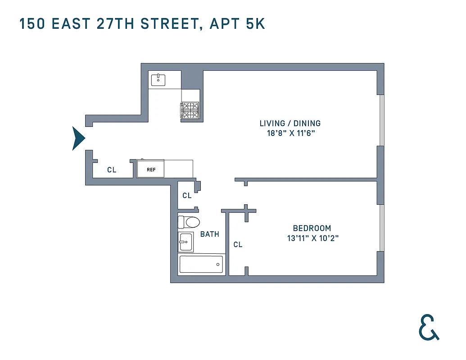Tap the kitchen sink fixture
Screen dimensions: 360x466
click(x=158, y=80)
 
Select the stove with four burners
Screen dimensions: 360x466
click(x=190, y=110)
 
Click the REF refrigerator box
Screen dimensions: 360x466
click(x=151, y=170)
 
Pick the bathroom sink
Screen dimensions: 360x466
click(x=185, y=243)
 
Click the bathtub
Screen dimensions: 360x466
click(x=201, y=264)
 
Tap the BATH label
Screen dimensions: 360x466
click(x=210, y=234)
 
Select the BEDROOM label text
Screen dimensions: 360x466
click(x=312, y=228)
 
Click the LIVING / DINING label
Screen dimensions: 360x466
click(x=290, y=123)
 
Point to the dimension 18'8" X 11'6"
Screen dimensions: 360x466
click(x=290, y=133)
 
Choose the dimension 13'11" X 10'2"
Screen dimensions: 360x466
click(x=312, y=238)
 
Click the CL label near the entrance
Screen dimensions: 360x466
click(x=112, y=170)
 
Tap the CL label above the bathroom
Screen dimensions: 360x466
click(x=187, y=196)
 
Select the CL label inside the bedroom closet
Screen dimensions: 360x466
click(x=238, y=245)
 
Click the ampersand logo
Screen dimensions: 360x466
click(x=429, y=327)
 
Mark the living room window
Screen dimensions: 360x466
click(x=381, y=120)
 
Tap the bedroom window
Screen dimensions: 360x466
click(x=381, y=228)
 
